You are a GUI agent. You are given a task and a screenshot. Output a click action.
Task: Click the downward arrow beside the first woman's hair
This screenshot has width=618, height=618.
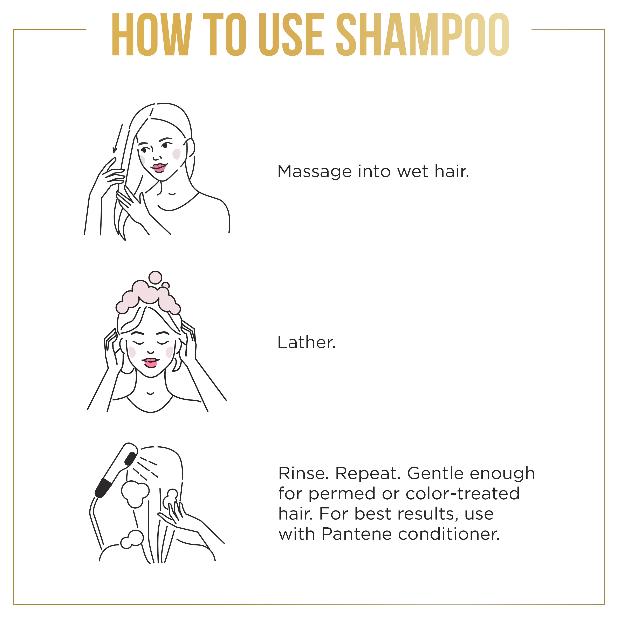point(117,138)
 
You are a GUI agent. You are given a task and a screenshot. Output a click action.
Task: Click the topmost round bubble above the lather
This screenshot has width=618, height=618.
point(156,277)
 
